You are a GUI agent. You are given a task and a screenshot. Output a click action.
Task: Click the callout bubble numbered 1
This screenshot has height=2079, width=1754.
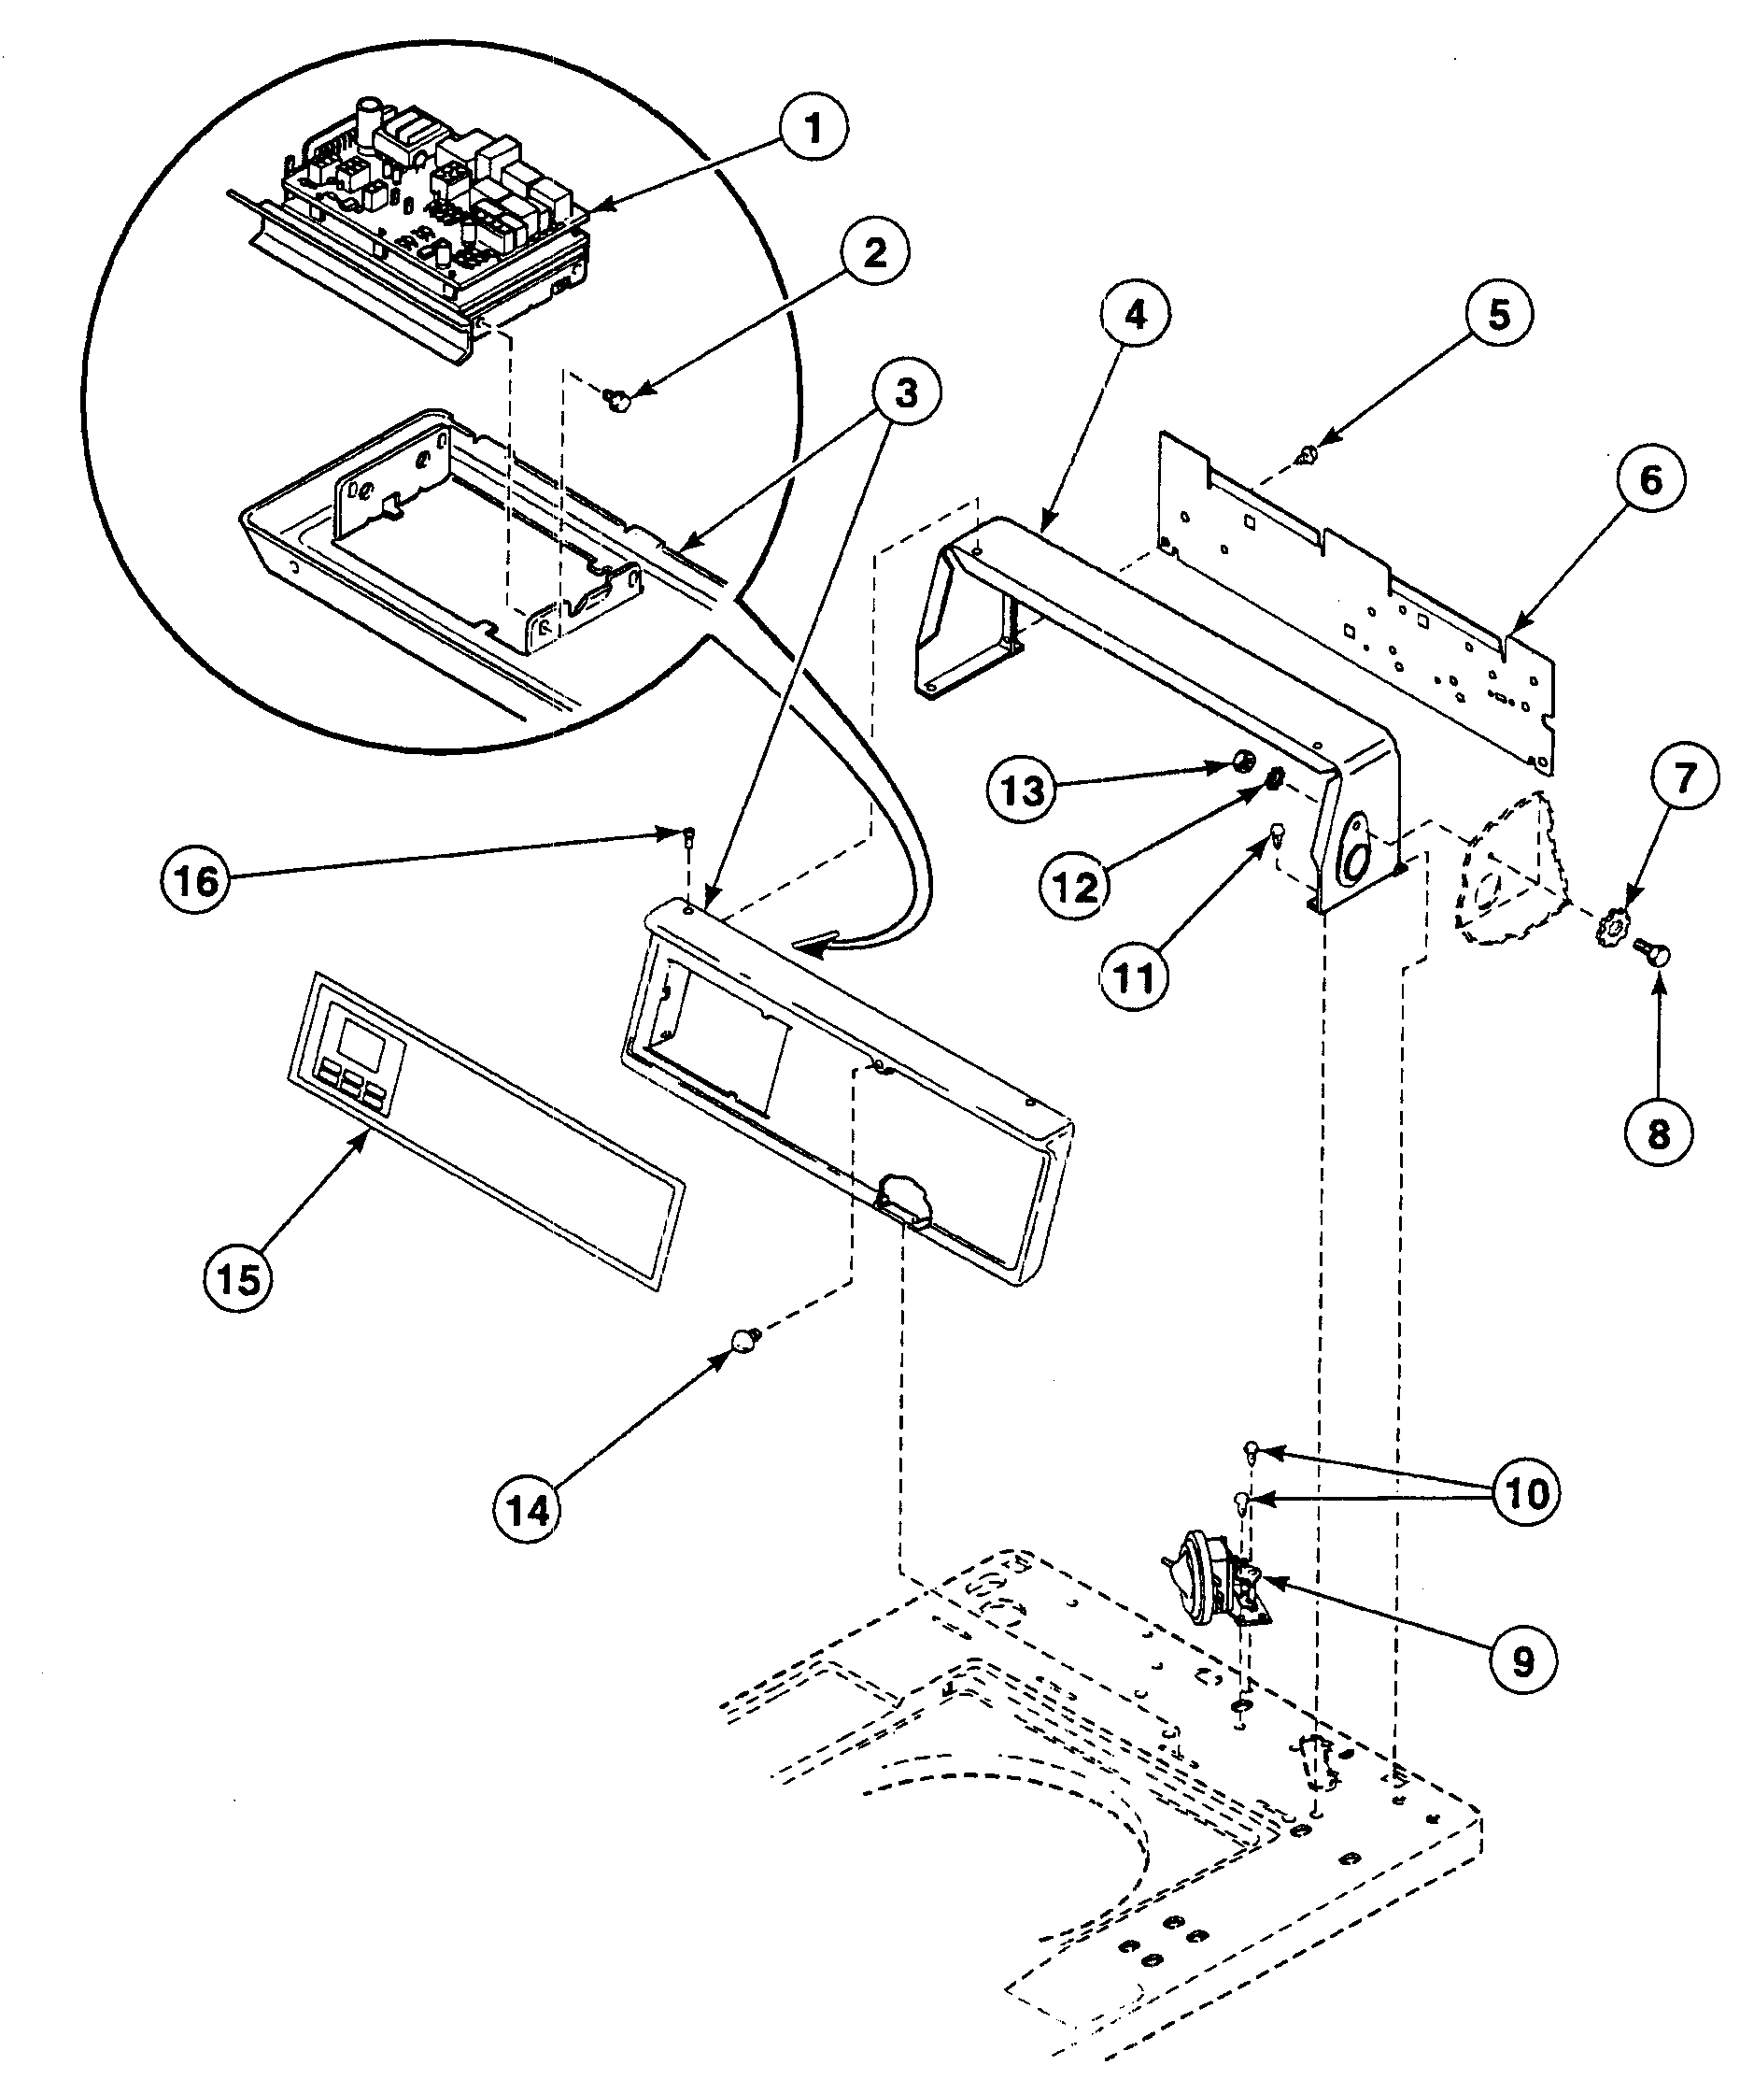pos(813,129)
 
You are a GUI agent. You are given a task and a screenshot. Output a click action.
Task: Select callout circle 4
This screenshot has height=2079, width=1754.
pos(1136,315)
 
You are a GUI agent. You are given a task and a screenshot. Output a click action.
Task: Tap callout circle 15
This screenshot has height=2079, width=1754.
pos(239,1280)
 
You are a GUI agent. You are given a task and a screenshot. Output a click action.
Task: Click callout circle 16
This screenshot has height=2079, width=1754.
pos(197,880)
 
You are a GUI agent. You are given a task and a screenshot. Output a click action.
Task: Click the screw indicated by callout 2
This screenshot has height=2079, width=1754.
pos(618,400)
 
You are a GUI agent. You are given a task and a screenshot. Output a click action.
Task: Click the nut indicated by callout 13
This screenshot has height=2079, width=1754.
pos(1242,762)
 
